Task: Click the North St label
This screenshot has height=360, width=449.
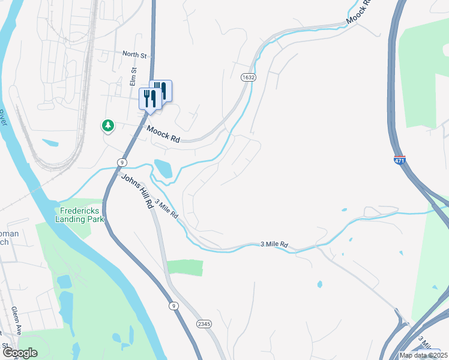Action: click(134, 55)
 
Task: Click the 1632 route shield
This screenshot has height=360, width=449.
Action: click(249, 77)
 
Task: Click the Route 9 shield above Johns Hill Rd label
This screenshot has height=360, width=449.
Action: click(122, 162)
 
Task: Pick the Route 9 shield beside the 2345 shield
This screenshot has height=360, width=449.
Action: click(173, 306)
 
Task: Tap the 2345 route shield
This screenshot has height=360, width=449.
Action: click(204, 324)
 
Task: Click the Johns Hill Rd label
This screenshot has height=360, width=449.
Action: click(137, 191)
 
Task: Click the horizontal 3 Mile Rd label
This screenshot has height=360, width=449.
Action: click(274, 245)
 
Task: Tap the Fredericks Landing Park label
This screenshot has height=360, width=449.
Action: click(80, 214)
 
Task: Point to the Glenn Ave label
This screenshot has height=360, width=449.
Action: click(16, 321)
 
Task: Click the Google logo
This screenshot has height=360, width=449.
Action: click(19, 353)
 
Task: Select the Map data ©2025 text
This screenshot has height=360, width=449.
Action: click(424, 355)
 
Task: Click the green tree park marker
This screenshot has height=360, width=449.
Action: click(107, 125)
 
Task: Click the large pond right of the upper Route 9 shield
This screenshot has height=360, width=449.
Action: click(163, 169)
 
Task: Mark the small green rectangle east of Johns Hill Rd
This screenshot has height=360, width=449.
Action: click(185, 268)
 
